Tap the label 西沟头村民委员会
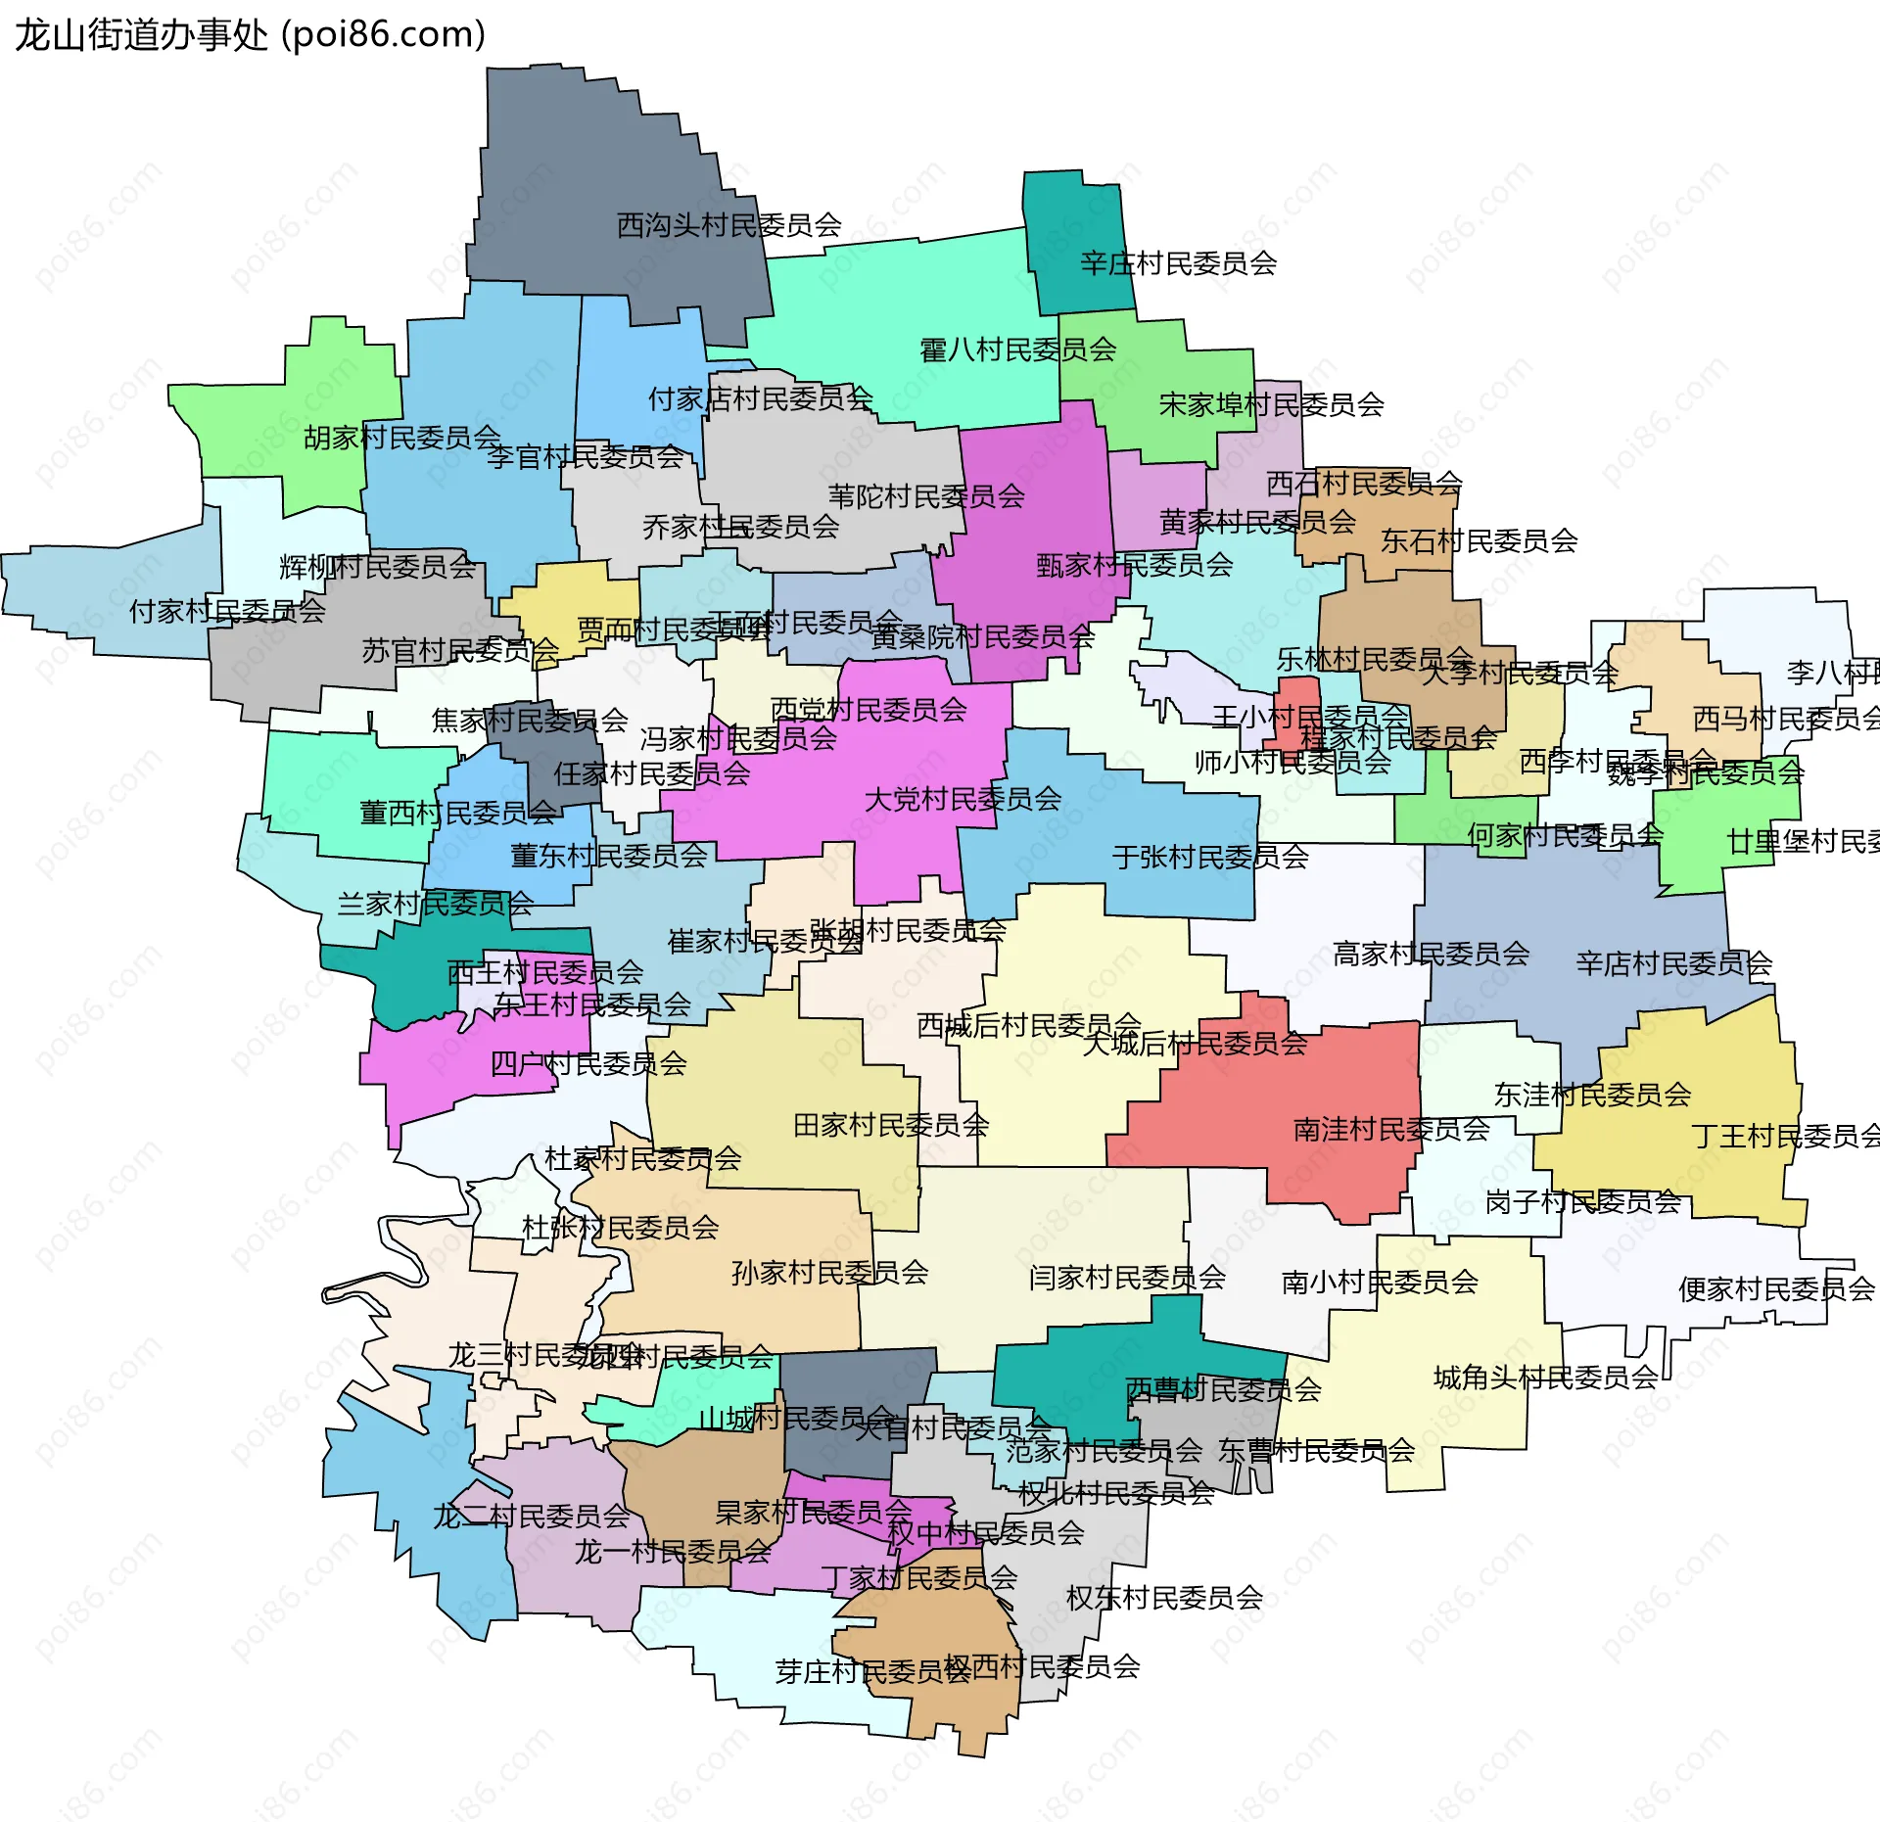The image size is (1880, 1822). pyautogui.click(x=729, y=226)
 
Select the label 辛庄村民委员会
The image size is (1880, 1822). pyautogui.click(x=1179, y=263)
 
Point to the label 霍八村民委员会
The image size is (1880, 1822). pyautogui.click(x=1018, y=350)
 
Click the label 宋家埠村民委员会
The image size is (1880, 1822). pyautogui.click(x=1271, y=404)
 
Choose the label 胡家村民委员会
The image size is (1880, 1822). pyautogui.click(x=402, y=438)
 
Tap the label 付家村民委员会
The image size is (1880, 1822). pyautogui.click(x=227, y=612)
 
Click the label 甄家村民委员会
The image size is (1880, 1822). pyautogui.click(x=1135, y=565)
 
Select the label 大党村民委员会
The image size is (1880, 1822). pyautogui.click(x=963, y=800)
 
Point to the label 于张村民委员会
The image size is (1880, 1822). pyautogui.click(x=1210, y=858)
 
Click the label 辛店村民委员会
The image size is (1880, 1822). pyautogui.click(x=1673, y=964)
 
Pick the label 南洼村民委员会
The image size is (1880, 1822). pyautogui.click(x=1391, y=1130)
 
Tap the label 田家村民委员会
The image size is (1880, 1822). pyautogui.click(x=891, y=1126)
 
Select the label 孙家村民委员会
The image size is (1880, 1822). pyautogui.click(x=830, y=1273)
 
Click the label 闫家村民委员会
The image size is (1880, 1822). pyautogui.click(x=1127, y=1278)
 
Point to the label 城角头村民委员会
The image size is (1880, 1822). pyautogui.click(x=1545, y=1378)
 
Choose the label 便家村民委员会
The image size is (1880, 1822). pyautogui.click(x=1776, y=1289)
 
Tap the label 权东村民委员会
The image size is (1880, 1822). pyautogui.click(x=1164, y=1598)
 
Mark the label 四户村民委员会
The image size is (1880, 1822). pyautogui.click(x=588, y=1064)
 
